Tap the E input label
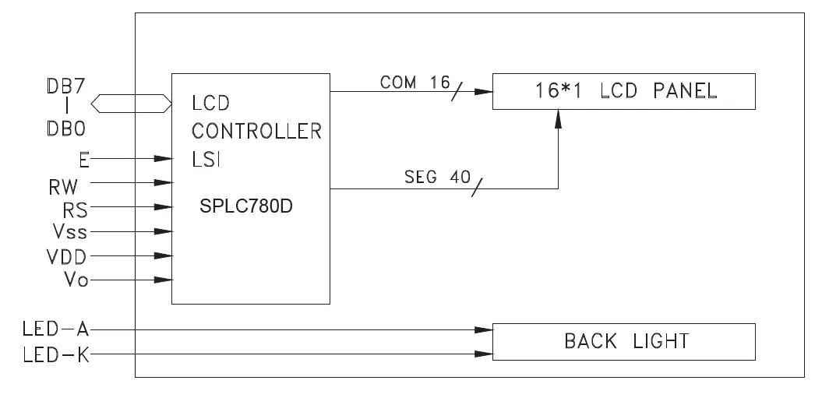(x=83, y=159)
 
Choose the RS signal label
(x=76, y=208)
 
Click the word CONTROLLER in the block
(x=256, y=131)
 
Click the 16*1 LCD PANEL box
(x=623, y=91)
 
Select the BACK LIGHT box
(x=623, y=341)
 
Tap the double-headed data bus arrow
(x=131, y=102)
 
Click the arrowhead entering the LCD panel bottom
(x=558, y=118)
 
